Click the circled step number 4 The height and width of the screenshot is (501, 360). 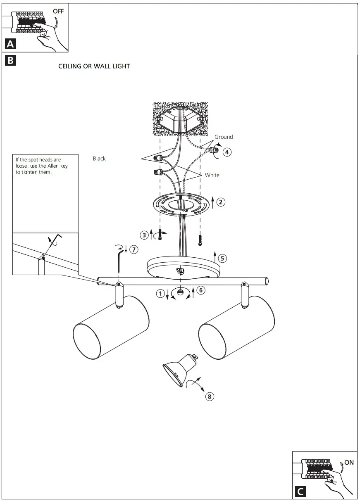[227, 152]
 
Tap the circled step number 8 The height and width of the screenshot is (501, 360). [210, 397]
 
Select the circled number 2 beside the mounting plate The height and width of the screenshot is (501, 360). [221, 202]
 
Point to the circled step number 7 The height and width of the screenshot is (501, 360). [134, 249]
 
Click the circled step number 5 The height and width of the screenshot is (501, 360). [222, 259]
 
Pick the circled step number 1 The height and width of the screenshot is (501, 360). [160, 294]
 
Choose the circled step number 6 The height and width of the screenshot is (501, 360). [200, 290]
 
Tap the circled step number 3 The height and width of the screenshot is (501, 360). [144, 235]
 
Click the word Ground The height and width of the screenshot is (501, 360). [224, 137]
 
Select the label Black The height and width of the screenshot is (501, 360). [99, 159]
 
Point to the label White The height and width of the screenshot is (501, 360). [212, 175]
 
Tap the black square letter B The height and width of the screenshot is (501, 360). [10, 61]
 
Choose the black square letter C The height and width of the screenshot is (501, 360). [300, 492]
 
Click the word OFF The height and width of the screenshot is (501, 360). [58, 11]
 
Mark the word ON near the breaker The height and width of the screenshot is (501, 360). [349, 463]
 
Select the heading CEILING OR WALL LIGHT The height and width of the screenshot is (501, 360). [94, 66]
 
